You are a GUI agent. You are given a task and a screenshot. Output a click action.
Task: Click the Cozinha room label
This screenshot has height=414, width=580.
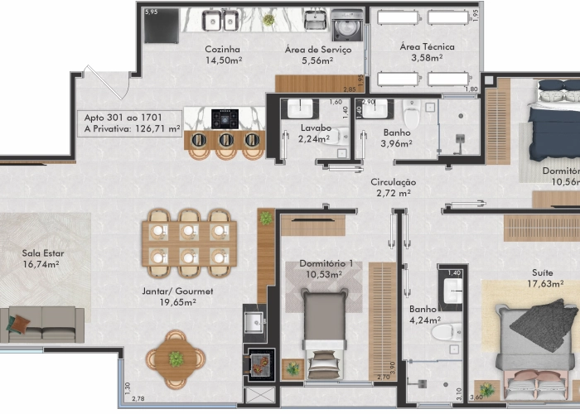[x=223, y=55]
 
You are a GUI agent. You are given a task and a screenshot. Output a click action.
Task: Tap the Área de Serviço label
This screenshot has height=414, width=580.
[x=317, y=55]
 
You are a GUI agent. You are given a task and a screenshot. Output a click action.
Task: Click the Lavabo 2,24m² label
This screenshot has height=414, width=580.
[x=316, y=133]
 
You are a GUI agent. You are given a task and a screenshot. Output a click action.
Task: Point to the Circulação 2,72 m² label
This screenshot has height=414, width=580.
[x=393, y=187]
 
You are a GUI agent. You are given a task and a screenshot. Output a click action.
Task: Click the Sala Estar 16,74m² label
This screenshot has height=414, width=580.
[x=43, y=259]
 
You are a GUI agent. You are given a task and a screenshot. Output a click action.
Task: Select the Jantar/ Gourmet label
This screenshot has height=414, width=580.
[x=177, y=296]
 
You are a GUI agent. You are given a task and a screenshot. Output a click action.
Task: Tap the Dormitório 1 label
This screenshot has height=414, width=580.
[x=326, y=269]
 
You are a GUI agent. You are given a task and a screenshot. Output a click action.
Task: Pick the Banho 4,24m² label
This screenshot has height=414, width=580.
[x=423, y=315]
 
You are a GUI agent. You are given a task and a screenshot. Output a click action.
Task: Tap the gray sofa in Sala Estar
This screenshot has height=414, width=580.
[x=41, y=323]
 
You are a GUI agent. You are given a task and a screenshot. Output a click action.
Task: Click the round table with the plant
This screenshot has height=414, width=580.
[x=176, y=359]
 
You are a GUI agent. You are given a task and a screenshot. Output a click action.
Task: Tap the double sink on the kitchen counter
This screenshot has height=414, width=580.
[x=221, y=20]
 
